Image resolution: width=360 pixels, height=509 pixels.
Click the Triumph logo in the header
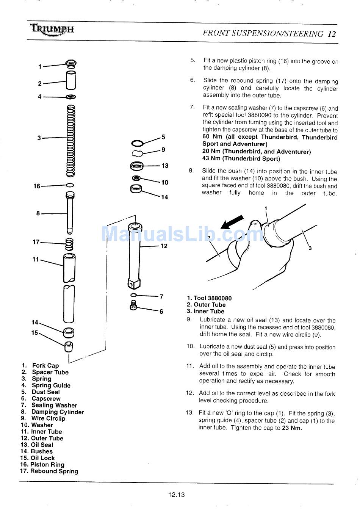tap(52, 30)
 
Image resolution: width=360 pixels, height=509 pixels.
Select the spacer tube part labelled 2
tap(71, 80)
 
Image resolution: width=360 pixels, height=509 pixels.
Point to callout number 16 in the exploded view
tap(37, 186)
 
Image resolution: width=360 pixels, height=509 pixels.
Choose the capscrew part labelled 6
tap(133, 305)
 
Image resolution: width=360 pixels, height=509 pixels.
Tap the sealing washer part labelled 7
tap(133, 295)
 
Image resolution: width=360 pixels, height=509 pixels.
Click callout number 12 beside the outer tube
tap(164, 246)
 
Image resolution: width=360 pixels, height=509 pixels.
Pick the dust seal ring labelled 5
tap(137, 143)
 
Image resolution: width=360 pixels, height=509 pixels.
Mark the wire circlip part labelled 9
tap(137, 153)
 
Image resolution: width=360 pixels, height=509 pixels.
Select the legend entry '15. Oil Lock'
tap(38, 458)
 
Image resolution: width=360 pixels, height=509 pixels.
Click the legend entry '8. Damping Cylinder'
tap(52, 412)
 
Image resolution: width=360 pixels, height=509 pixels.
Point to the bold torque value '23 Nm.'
tap(292, 428)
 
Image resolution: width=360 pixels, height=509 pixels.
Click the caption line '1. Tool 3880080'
tap(209, 298)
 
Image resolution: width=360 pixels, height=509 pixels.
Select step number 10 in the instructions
tap(190, 346)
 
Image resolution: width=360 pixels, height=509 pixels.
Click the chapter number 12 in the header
tap(332, 34)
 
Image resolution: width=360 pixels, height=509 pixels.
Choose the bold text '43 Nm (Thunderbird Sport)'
tap(241, 159)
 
